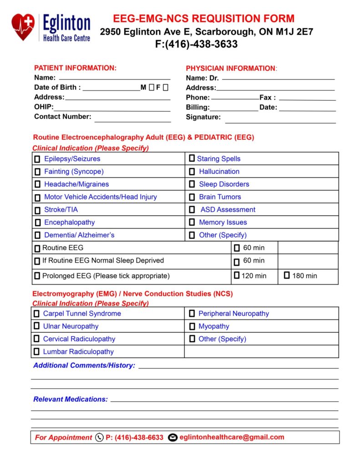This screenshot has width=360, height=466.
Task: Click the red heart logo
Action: tap(23, 26)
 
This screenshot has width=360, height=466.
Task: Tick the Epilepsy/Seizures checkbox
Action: tap(37, 159)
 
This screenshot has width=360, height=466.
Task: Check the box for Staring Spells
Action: tap(192, 159)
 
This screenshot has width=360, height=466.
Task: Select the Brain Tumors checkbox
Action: tap(192, 197)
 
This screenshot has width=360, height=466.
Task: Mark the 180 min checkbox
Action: tap(287, 275)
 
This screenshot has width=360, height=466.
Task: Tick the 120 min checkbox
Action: tap(237, 275)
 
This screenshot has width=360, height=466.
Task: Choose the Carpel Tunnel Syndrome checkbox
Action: tap(36, 314)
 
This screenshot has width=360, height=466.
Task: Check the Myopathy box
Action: tap(192, 326)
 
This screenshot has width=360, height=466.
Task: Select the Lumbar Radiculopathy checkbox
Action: tap(36, 352)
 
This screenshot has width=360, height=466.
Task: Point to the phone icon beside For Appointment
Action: tap(99, 438)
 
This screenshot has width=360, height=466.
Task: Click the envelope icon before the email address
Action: tap(172, 438)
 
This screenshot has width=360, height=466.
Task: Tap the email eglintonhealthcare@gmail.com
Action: tap(232, 437)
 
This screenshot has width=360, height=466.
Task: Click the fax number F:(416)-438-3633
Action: tap(196, 45)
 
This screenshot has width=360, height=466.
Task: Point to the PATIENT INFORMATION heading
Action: tap(75, 68)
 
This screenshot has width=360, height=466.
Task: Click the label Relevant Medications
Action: tap(71, 400)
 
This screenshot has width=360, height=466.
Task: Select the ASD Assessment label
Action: tap(228, 210)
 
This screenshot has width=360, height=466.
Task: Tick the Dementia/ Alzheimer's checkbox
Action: tap(37, 236)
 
